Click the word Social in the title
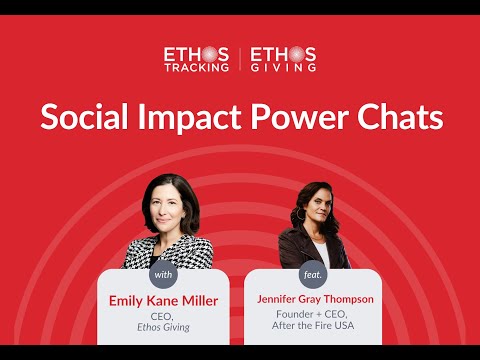(84, 116)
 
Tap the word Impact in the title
(189, 118)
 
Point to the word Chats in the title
(400, 116)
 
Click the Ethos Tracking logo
(196, 59)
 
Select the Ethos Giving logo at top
(283, 59)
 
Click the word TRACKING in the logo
(196, 68)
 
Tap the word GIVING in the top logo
(283, 68)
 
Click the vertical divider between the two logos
(240, 59)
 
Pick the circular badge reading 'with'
(163, 275)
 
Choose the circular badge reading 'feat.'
(313, 275)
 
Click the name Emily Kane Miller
(163, 301)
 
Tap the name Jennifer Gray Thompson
(315, 299)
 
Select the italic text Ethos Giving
(163, 327)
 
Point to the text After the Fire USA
(313, 325)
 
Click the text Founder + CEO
(312, 314)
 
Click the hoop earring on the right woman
(301, 214)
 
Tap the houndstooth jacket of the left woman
(169, 252)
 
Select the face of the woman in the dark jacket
(319, 207)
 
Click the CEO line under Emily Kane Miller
(162, 316)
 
